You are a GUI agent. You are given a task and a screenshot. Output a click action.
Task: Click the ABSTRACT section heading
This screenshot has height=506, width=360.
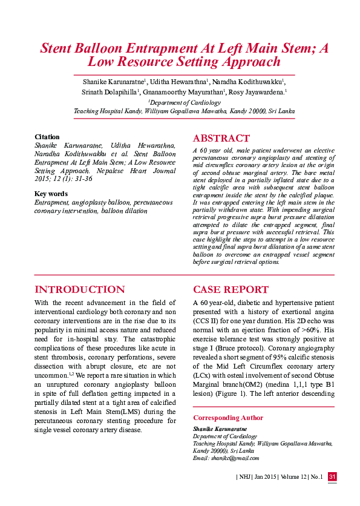221,138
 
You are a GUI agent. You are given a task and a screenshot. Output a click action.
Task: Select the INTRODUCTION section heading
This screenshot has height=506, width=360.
80,289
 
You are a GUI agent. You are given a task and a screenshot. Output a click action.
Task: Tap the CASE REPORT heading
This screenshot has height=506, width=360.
231,289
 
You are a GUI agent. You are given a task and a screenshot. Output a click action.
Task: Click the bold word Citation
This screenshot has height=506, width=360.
47,137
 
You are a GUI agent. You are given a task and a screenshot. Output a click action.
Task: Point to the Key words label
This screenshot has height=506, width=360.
51,194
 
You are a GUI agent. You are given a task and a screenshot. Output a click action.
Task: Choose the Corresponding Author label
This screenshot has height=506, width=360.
228,418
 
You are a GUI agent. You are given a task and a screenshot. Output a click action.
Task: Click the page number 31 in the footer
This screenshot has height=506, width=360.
332,478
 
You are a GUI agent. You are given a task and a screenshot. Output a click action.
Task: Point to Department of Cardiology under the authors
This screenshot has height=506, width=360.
185,103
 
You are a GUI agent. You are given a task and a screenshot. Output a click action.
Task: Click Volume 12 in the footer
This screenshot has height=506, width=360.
287,478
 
